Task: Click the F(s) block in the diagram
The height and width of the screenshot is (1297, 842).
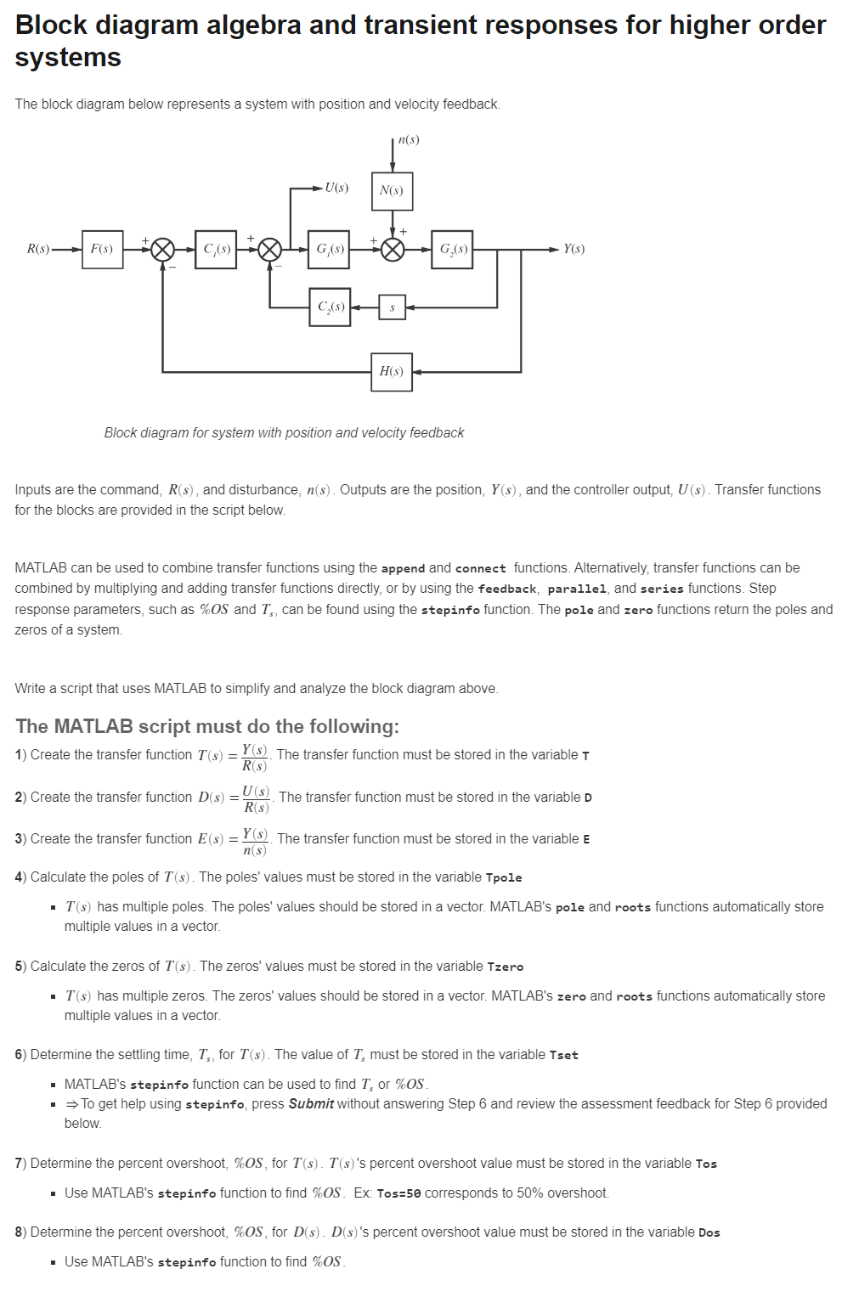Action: coord(103,249)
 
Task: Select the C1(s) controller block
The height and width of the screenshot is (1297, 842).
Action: coord(216,249)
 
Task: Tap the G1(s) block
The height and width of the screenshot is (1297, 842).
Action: coord(329,249)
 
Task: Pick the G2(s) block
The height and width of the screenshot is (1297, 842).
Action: coord(452,249)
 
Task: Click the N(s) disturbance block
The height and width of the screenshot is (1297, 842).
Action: coord(392,190)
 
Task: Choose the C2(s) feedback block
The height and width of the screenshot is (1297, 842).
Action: coord(330,307)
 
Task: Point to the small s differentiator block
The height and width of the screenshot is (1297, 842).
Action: coord(392,307)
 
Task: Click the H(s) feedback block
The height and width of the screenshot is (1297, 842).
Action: coord(392,371)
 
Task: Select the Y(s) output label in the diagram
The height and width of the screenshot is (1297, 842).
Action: coord(574,249)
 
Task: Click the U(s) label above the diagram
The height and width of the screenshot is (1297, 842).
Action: coord(336,188)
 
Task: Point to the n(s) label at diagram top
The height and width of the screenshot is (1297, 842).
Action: coord(409,139)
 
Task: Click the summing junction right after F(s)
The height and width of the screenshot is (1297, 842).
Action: coord(163,249)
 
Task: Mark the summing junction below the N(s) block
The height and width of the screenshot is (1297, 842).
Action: coord(393,249)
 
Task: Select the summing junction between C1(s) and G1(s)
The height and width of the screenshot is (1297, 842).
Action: coord(270,249)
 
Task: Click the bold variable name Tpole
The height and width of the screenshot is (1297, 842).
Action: coord(504,877)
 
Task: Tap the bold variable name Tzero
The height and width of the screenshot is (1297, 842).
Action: coord(506,967)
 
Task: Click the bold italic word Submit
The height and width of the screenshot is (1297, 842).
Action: coord(311,1103)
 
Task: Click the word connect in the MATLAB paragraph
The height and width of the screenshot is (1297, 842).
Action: coord(481,568)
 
